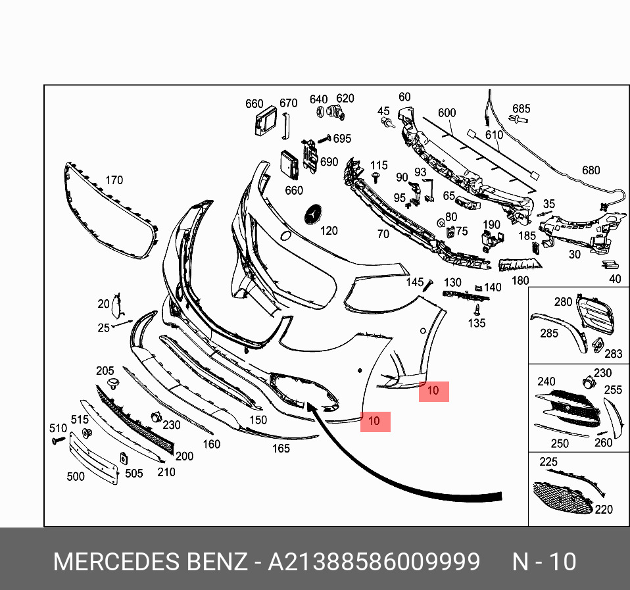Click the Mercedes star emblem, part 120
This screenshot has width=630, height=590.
pos(314,215)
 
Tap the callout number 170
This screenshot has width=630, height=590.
pos(114,180)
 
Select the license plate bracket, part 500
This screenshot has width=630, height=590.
pos(93,458)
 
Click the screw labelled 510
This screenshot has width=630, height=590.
pos(59,441)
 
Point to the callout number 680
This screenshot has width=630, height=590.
pos(591,170)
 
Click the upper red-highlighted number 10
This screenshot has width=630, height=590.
pos(433,391)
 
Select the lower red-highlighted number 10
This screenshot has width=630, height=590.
pos(374,421)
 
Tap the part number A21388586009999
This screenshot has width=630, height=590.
pos(374,562)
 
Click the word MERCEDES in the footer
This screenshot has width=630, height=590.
pos(117,562)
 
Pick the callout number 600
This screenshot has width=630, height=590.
pos(447,112)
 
